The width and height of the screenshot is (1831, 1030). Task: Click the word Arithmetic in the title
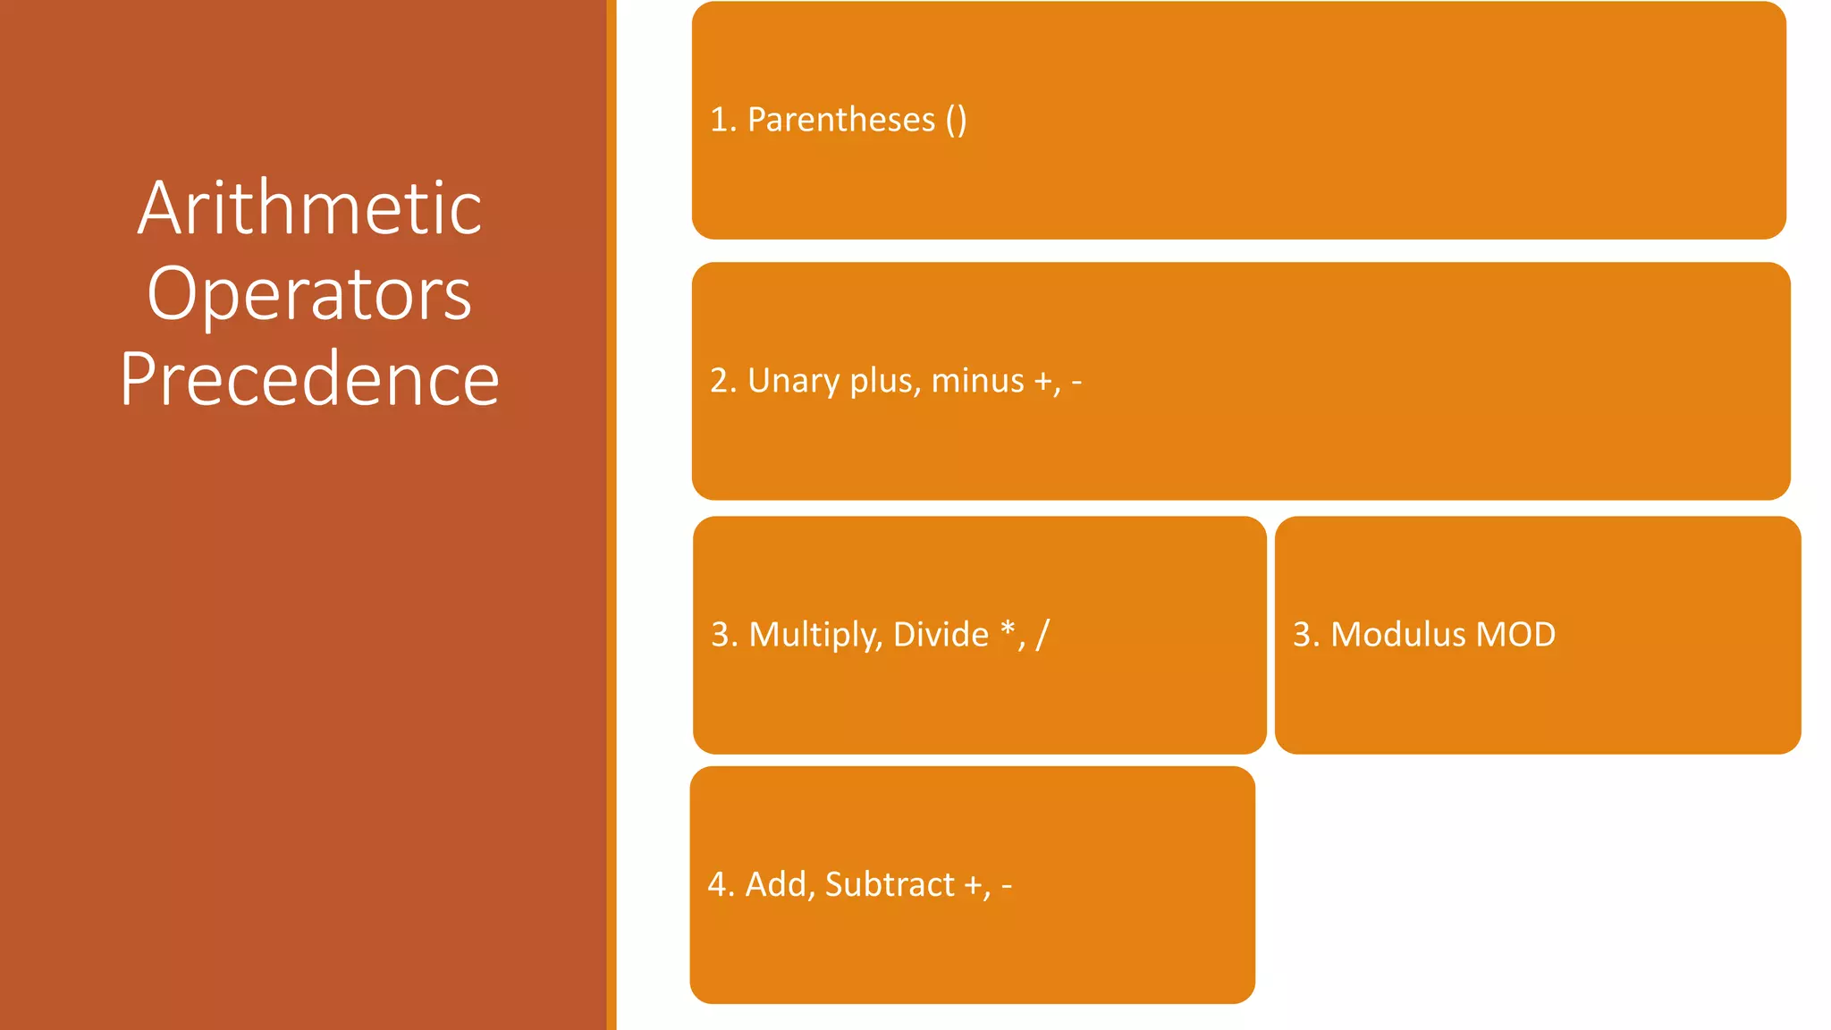(x=309, y=207)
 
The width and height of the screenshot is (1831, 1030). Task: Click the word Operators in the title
(x=309, y=293)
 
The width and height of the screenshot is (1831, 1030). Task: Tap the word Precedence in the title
(x=309, y=379)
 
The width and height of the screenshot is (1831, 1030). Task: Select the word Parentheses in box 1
(x=840, y=120)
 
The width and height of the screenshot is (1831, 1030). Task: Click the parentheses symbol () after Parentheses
(x=956, y=120)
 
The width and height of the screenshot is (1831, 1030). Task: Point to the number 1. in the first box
(x=722, y=120)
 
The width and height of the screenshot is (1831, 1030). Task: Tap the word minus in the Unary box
(x=977, y=381)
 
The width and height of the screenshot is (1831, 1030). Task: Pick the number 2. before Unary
(x=722, y=381)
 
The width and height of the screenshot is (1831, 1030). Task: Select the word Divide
(x=941, y=635)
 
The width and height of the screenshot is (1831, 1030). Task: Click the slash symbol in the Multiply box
(x=1042, y=635)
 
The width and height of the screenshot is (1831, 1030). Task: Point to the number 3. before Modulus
(x=1305, y=635)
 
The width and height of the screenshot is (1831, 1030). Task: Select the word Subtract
(x=890, y=884)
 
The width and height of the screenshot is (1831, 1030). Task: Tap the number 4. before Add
(x=721, y=884)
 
